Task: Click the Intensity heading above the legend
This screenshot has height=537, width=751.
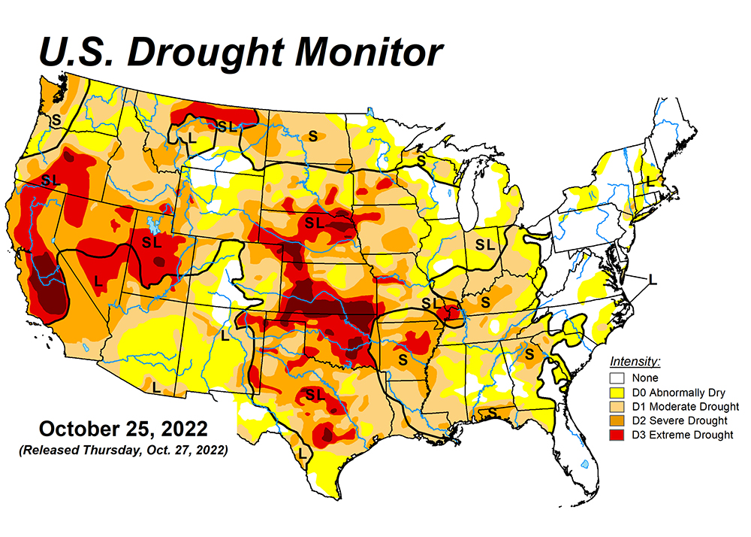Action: point(635,362)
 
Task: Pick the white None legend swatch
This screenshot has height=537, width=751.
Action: point(617,378)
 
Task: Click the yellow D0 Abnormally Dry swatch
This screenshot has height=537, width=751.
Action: point(617,392)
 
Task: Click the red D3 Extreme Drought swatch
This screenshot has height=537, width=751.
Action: point(617,435)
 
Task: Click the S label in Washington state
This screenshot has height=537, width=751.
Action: point(56,119)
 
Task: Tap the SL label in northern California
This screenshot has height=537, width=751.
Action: point(50,180)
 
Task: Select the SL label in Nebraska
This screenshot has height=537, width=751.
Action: point(314,223)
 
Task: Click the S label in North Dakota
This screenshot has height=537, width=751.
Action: point(312,136)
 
